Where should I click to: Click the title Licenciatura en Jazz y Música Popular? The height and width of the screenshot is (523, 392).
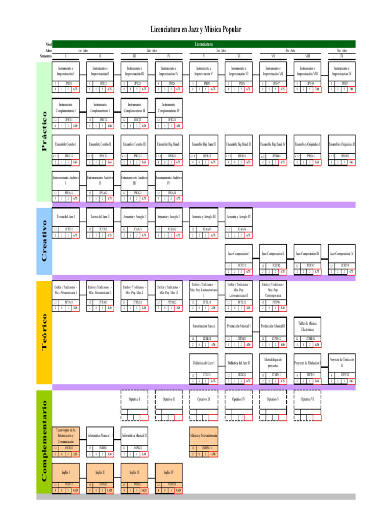click(196, 30)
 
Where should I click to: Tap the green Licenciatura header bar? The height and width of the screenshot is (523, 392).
click(204, 44)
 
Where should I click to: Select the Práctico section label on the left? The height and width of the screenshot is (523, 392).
click(45, 131)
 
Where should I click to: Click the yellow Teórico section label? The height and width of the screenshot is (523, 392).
click(45, 332)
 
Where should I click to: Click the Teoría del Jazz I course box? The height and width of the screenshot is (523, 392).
click(65, 217)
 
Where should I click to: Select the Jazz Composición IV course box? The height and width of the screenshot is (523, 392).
click(341, 253)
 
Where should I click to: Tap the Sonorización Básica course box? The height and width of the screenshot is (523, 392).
click(204, 326)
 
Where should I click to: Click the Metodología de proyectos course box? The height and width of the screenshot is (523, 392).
click(273, 363)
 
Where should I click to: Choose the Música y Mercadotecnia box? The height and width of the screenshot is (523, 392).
click(204, 435)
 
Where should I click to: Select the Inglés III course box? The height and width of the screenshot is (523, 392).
click(134, 472)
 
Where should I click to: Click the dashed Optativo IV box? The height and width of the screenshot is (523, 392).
click(238, 398)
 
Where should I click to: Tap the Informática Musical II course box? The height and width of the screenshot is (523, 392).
click(134, 435)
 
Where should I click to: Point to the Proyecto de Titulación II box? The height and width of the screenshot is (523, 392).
click(341, 363)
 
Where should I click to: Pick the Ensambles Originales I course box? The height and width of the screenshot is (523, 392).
click(307, 145)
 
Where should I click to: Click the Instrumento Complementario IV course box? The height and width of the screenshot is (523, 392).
click(169, 107)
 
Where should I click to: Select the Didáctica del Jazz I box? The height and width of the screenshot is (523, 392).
click(204, 363)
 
